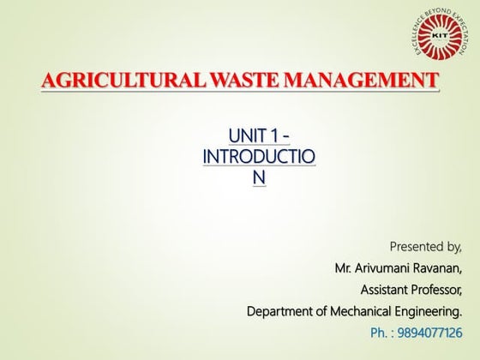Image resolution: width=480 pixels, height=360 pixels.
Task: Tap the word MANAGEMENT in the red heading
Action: [361, 82]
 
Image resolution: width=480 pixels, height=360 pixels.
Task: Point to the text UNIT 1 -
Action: [259, 137]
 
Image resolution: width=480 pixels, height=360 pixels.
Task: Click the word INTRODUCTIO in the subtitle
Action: [259, 157]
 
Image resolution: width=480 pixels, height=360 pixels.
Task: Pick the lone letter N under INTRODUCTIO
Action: [259, 177]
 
